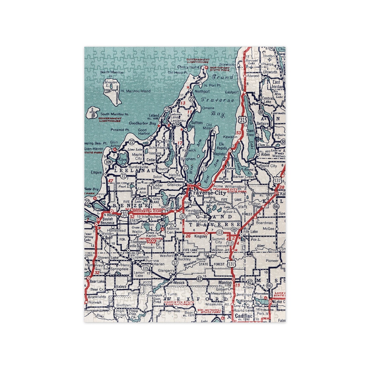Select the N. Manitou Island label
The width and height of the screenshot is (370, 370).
click(x=136, y=91)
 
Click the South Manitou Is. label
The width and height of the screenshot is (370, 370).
click(x=114, y=114)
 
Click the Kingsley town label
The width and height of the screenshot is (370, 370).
click(x=200, y=236)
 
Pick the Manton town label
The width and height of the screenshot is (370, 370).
click(x=225, y=283)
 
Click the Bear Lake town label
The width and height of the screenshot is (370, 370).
click(x=97, y=281)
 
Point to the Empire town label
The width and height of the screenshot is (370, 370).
click(x=97, y=173)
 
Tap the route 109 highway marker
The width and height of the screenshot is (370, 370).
click(x=109, y=162)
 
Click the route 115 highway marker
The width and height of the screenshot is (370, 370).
click(x=146, y=268)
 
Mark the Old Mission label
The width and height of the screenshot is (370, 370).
click(x=209, y=126)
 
